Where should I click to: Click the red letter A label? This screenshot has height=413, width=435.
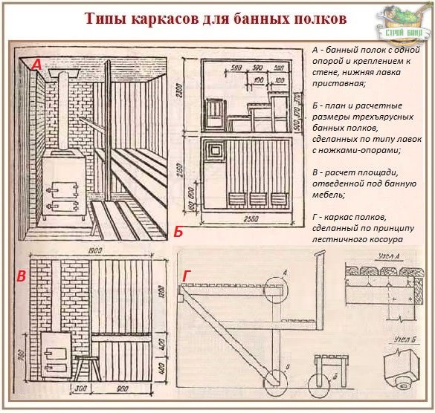click(36, 65)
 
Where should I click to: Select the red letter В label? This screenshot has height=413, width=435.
click(22, 278)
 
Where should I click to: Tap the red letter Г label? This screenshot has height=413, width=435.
click(187, 276)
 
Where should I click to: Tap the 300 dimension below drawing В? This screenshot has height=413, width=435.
click(80, 388)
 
